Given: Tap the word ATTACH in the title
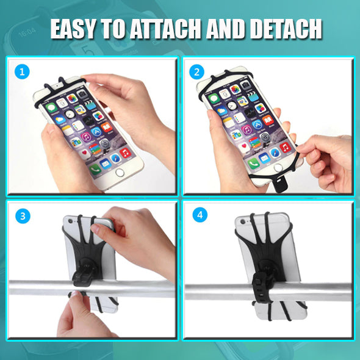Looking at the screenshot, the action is click(166, 29).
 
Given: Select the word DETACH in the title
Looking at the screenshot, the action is click(286, 29).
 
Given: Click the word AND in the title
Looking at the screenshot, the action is click(226, 29).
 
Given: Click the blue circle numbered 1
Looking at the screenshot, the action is click(22, 72).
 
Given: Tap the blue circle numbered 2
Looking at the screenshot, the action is click(196, 72).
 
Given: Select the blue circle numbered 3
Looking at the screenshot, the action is click(23, 216).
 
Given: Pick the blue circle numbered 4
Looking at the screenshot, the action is click(200, 215).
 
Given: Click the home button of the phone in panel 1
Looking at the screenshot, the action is click(120, 173).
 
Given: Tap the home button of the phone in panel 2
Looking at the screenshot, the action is click(278, 168).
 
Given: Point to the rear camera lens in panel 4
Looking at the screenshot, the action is click(243, 221).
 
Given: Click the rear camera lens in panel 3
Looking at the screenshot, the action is click(70, 221).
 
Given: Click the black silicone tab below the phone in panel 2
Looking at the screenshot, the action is click(281, 184).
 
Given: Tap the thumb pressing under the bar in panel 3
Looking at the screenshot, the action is click(74, 296).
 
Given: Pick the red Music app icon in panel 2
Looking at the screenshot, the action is click(285, 148).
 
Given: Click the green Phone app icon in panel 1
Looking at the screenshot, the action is click(95, 170).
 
